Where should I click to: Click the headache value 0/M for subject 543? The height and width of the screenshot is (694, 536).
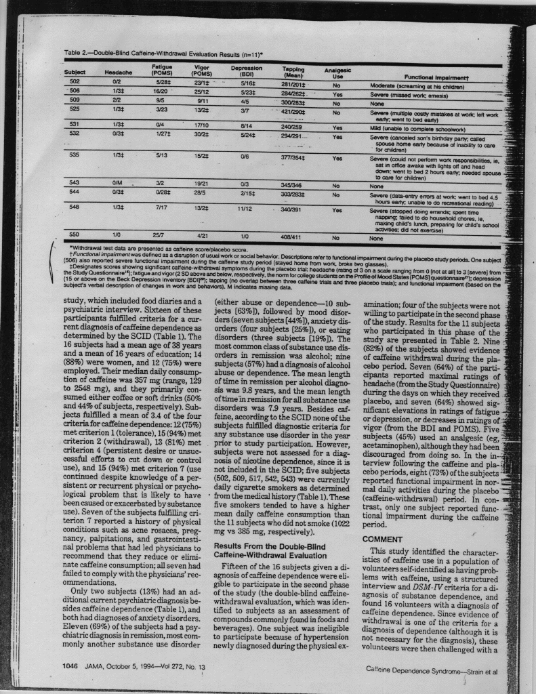click(117, 182)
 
